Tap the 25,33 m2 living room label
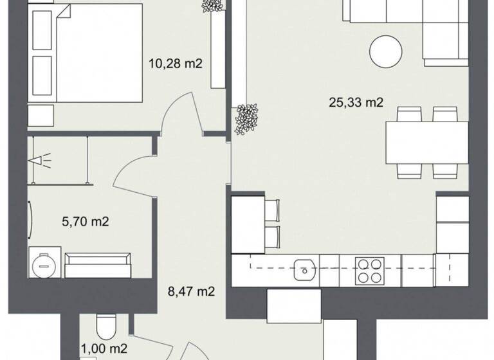(x=356, y=102)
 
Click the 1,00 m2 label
(x=104, y=348)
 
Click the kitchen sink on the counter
(x=302, y=270)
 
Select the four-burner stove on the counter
(x=370, y=270)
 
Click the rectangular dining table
(x=426, y=143)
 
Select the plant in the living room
(x=246, y=118)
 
